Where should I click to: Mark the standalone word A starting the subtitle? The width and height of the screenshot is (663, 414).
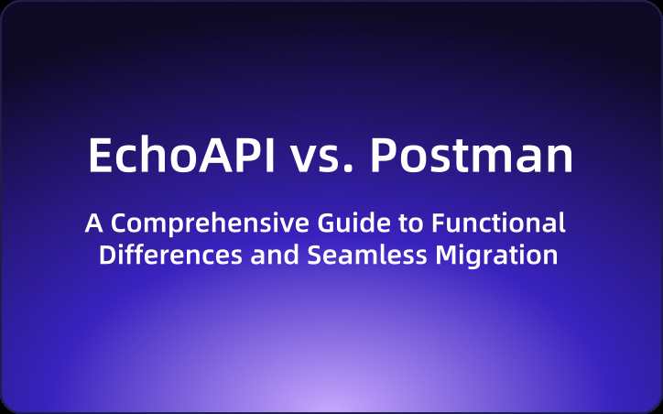(x=92, y=223)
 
